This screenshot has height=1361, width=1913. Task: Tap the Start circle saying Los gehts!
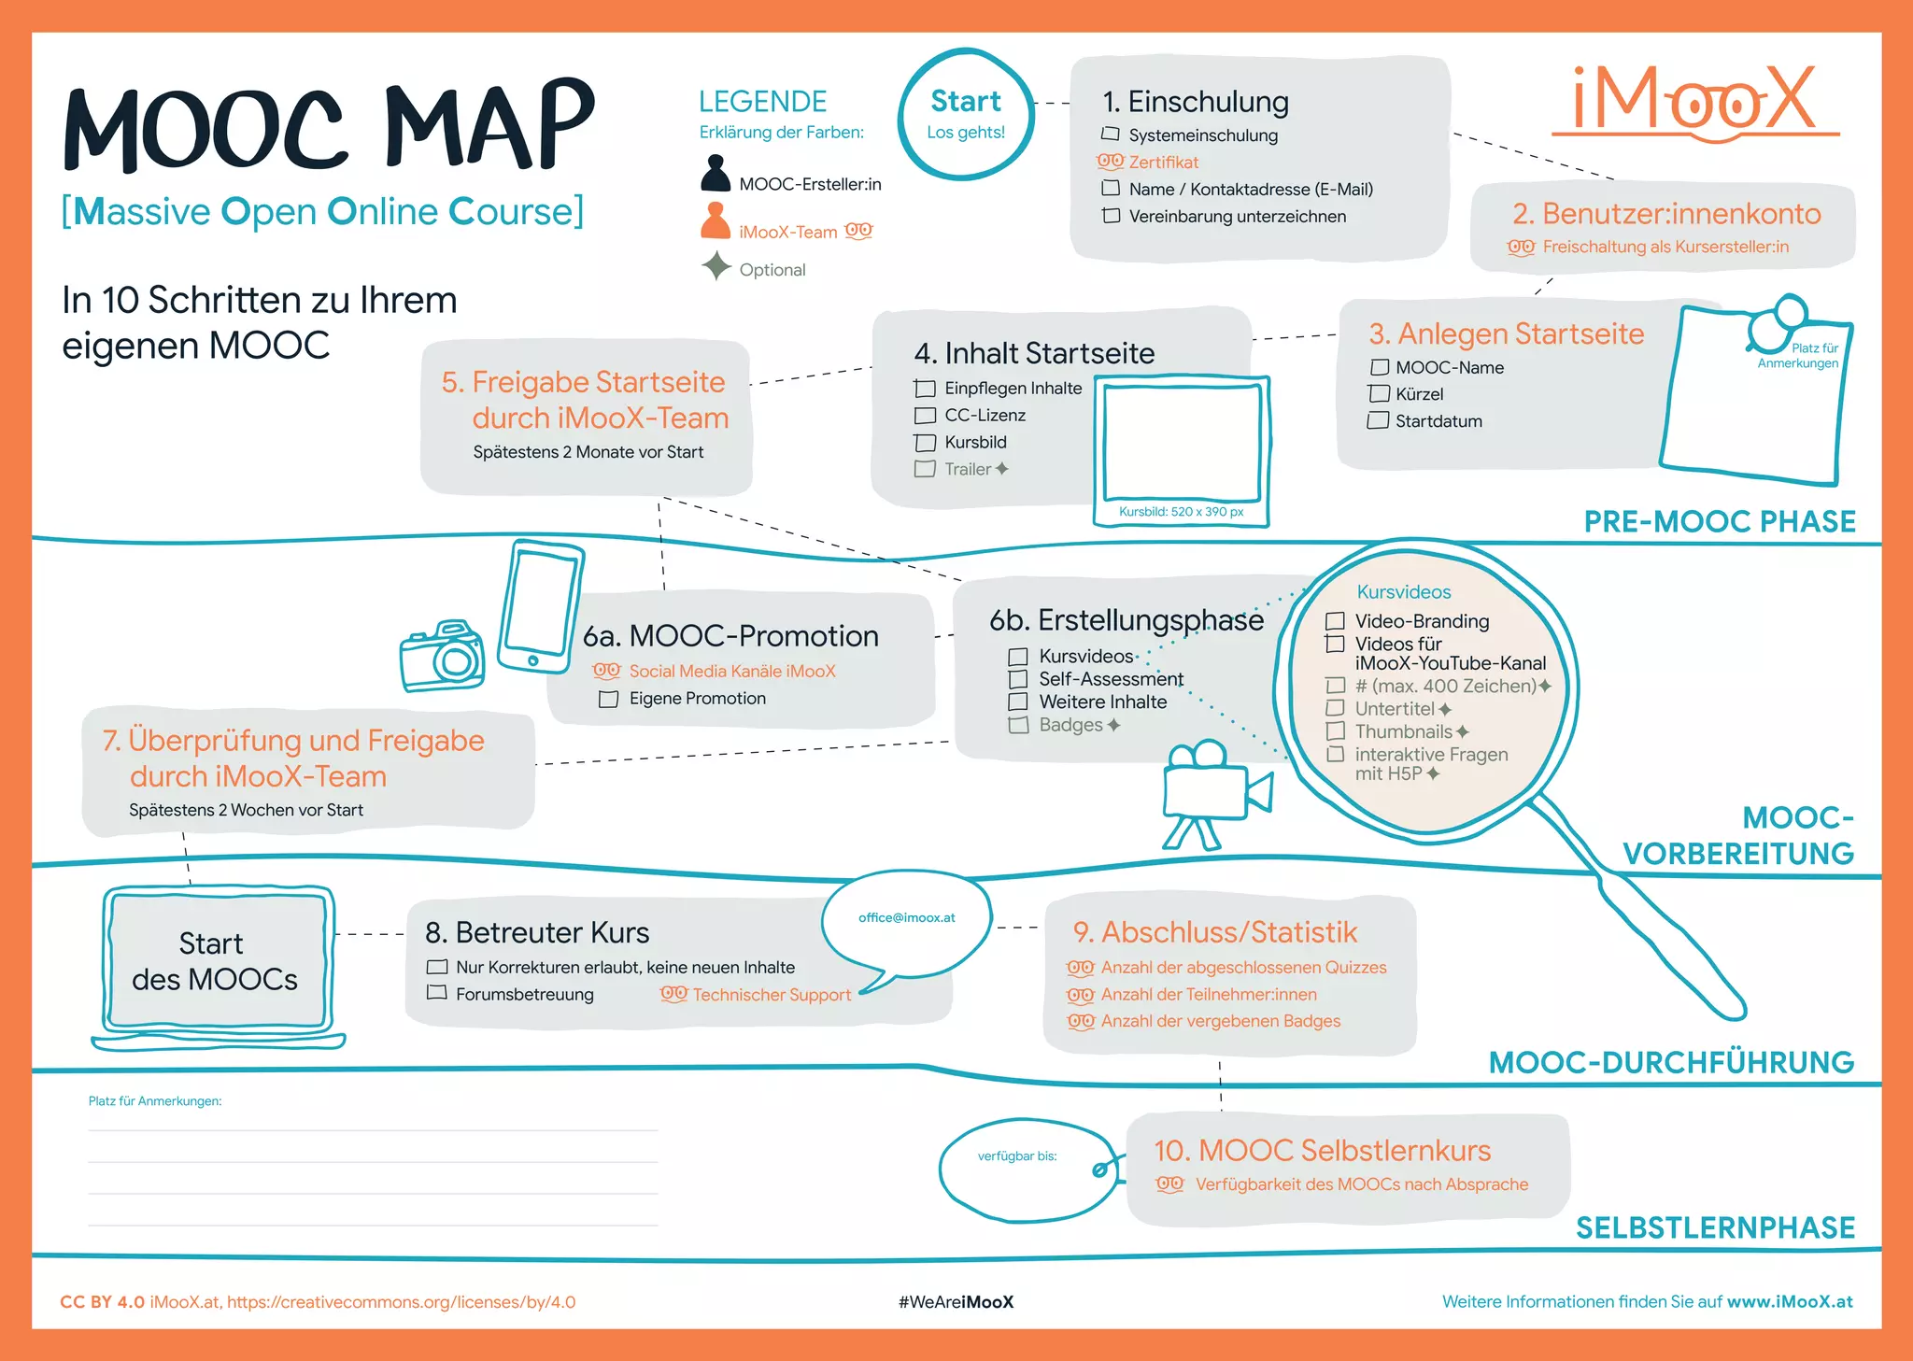coord(966,114)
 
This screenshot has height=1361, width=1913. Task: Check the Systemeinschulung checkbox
coord(1111,135)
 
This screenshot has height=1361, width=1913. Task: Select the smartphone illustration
coord(539,607)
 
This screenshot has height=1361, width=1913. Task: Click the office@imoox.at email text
coord(906,917)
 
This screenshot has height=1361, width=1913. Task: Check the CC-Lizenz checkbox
coord(925,416)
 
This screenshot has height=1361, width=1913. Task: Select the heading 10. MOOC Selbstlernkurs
coord(1322,1150)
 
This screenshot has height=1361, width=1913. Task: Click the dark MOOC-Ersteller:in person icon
coord(716,174)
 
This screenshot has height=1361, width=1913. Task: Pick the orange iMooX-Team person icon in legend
coord(716,221)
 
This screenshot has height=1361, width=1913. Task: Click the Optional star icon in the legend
coord(716,267)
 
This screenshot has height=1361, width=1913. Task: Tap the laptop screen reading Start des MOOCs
coord(217,960)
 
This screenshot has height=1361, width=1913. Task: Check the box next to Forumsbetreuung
coord(436,993)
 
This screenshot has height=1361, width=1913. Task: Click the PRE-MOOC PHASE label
coord(1719,521)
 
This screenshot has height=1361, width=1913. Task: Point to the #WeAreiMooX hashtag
coord(956,1301)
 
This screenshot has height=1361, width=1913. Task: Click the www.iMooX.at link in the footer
coord(1790,1301)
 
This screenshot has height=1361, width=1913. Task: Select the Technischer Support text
coord(772,995)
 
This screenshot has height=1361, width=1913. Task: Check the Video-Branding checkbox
coord(1336,621)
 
